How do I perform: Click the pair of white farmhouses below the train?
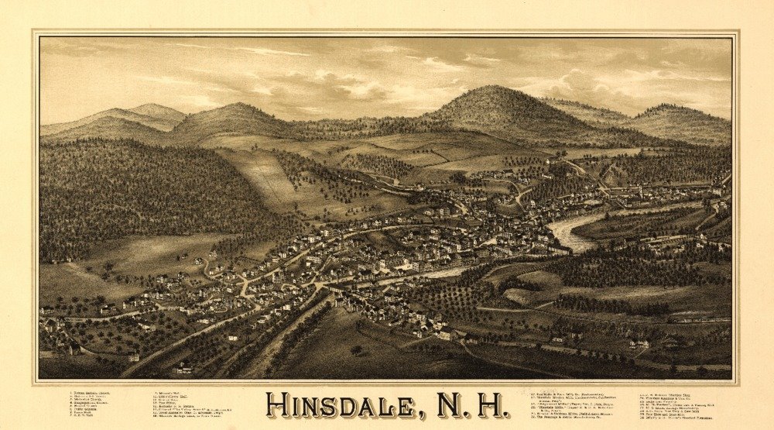(639, 343)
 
